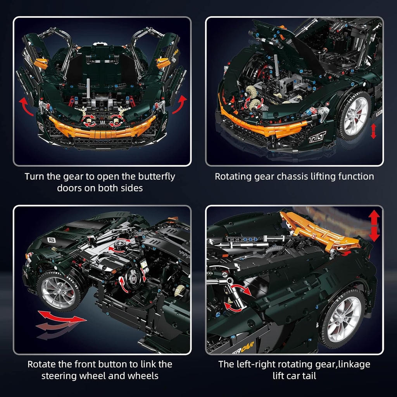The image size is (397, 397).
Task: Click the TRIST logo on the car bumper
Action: tap(317, 137)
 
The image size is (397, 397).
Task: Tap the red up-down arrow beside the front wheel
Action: tap(373, 131)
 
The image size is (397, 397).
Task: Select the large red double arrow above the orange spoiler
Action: tap(374, 226)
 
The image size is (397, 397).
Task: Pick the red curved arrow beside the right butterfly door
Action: tap(180, 104)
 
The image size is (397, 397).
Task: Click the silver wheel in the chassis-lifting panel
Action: tap(356, 116)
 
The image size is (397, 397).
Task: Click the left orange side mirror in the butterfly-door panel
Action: tap(41, 63)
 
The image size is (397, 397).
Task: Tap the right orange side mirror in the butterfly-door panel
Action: tap(163, 63)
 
